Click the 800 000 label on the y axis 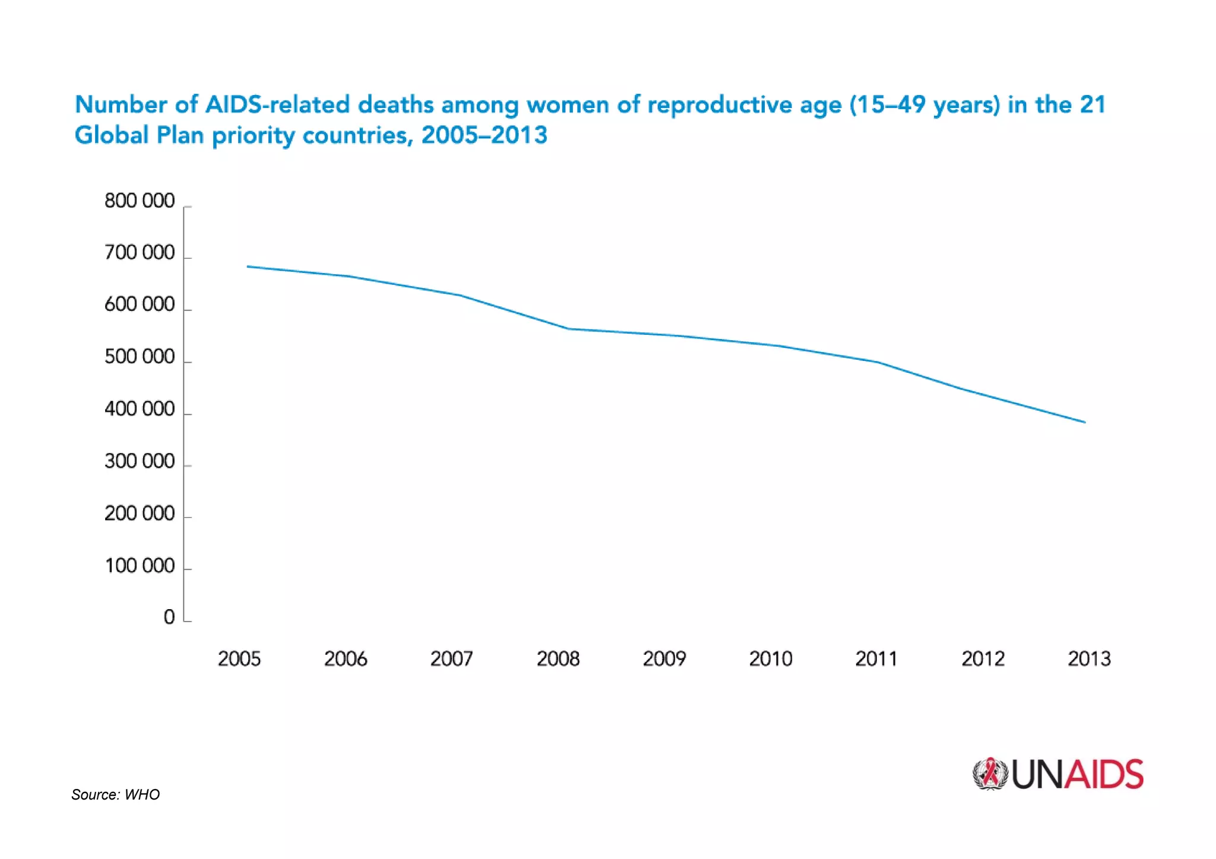click(140, 201)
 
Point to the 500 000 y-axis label click(140, 357)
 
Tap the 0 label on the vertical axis click(169, 617)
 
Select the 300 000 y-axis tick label click(140, 461)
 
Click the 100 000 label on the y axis click(140, 566)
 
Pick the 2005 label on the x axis click(239, 659)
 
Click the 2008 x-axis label click(558, 659)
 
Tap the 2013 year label click(1089, 659)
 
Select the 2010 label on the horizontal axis click(771, 659)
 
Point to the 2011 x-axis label click(876, 659)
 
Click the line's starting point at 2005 click(247, 267)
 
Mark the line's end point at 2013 click(1085, 422)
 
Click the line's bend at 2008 click(568, 329)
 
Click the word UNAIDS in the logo click(1077, 775)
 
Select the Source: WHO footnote click(115, 794)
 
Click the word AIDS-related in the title click(277, 104)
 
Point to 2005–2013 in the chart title click(484, 135)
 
